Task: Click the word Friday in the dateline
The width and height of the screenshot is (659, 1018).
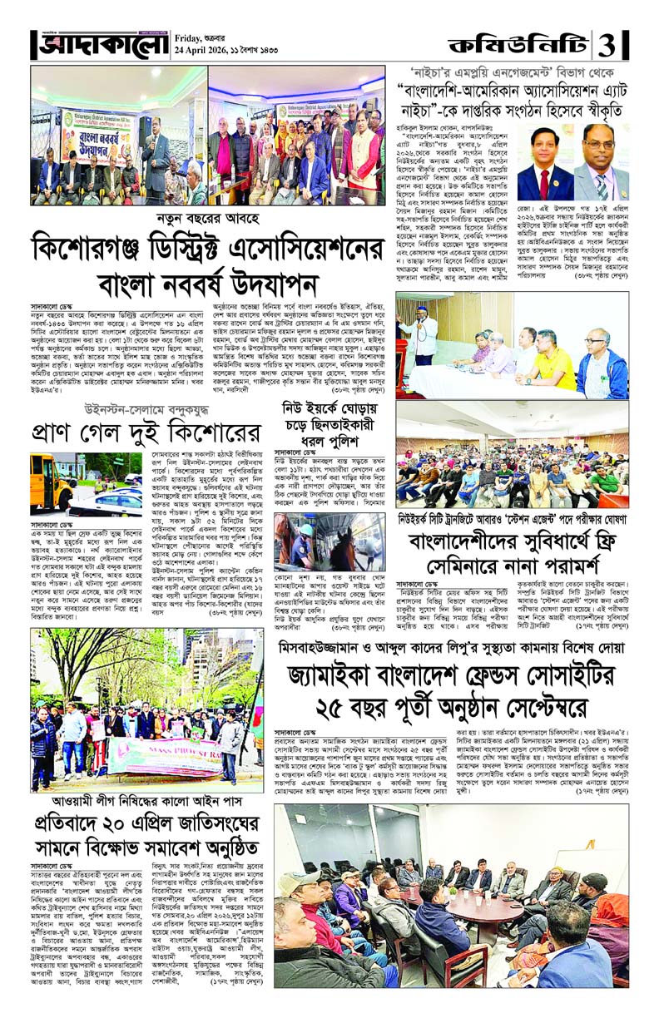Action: click(x=191, y=37)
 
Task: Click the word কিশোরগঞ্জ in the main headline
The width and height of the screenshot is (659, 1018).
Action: click(x=94, y=248)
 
